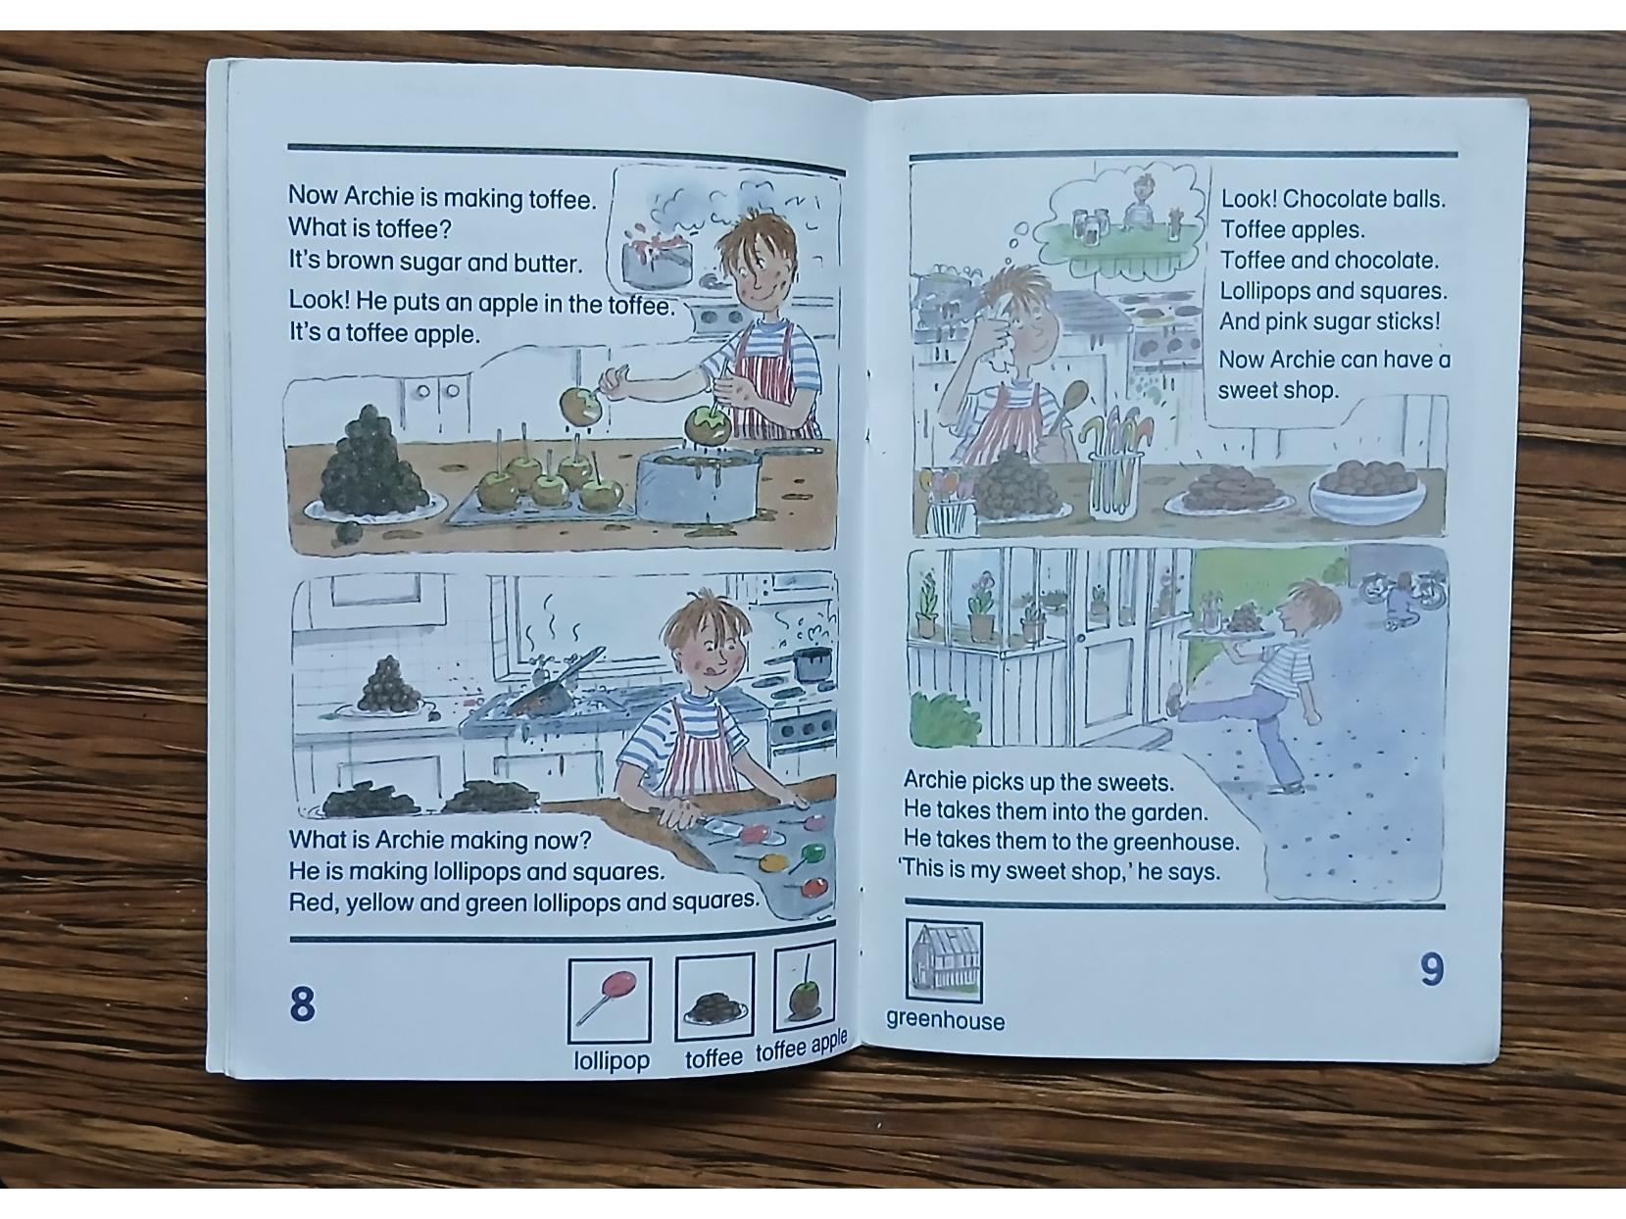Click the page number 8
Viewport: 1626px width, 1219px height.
(x=302, y=1004)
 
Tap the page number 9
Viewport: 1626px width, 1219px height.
(x=1432, y=969)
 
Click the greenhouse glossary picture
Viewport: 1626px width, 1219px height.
(x=944, y=960)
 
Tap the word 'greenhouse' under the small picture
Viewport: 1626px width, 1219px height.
(x=945, y=1020)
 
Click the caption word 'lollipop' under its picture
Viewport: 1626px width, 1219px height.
(x=612, y=1060)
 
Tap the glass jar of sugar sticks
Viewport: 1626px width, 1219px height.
(x=1114, y=474)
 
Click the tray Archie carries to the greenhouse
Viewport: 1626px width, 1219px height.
(x=1227, y=633)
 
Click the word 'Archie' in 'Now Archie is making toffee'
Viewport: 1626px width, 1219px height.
(x=378, y=196)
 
